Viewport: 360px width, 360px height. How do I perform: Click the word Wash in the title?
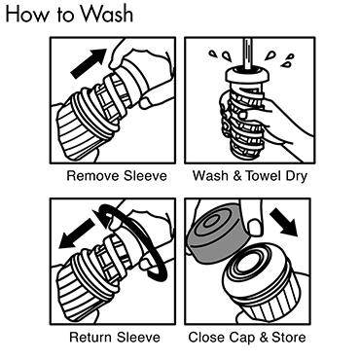pyautogui.click(x=107, y=14)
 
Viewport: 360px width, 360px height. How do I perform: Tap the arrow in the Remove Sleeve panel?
pyautogui.click(x=89, y=63)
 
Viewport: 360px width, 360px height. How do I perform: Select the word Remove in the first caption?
pyautogui.click(x=92, y=176)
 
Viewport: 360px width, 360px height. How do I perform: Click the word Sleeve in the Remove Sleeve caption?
pyautogui.click(x=145, y=176)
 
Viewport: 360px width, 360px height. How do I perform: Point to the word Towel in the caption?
pyautogui.click(x=263, y=176)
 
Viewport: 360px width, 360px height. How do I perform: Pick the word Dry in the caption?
pyautogui.click(x=296, y=176)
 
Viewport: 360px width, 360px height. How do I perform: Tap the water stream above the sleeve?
pyautogui.click(x=248, y=54)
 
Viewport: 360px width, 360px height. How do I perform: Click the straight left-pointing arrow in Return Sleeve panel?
pyautogui.click(x=77, y=233)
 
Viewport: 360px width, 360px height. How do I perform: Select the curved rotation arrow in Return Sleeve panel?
pyautogui.click(x=136, y=240)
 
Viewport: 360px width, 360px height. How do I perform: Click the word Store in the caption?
pyautogui.click(x=289, y=338)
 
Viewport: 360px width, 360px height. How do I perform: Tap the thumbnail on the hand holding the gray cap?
pyautogui.click(x=255, y=228)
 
